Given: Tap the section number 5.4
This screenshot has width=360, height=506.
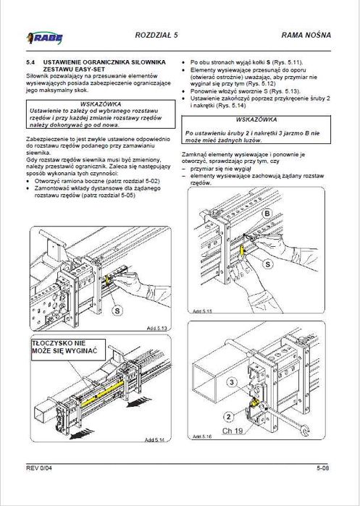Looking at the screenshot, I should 31,63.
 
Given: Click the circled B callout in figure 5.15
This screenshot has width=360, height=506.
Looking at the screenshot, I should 267,214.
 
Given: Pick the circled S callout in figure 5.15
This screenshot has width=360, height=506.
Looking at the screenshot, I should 267,266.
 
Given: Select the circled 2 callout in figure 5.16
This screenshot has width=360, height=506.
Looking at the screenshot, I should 227,416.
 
